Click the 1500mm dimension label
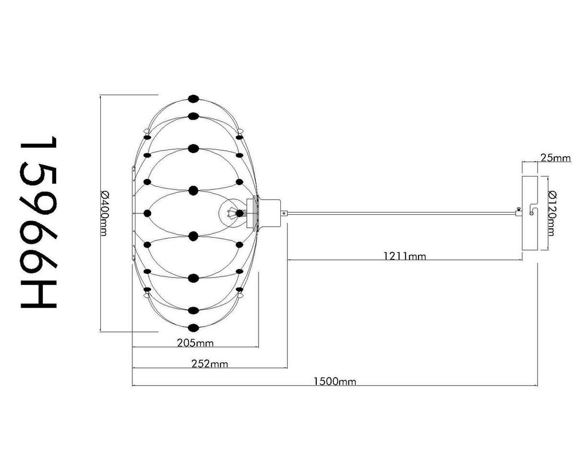pyautogui.click(x=335, y=381)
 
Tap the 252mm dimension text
pyautogui.click(x=210, y=364)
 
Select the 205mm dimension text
pyautogui.click(x=195, y=343)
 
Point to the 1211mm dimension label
pyautogui.click(x=405, y=256)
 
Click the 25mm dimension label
pyautogui.click(x=556, y=158)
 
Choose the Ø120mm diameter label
pyautogui.click(x=552, y=213)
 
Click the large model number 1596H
pyautogui.click(x=38, y=223)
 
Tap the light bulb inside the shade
pyautogui.click(x=231, y=213)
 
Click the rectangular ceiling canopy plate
pyautogui.click(x=530, y=213)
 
